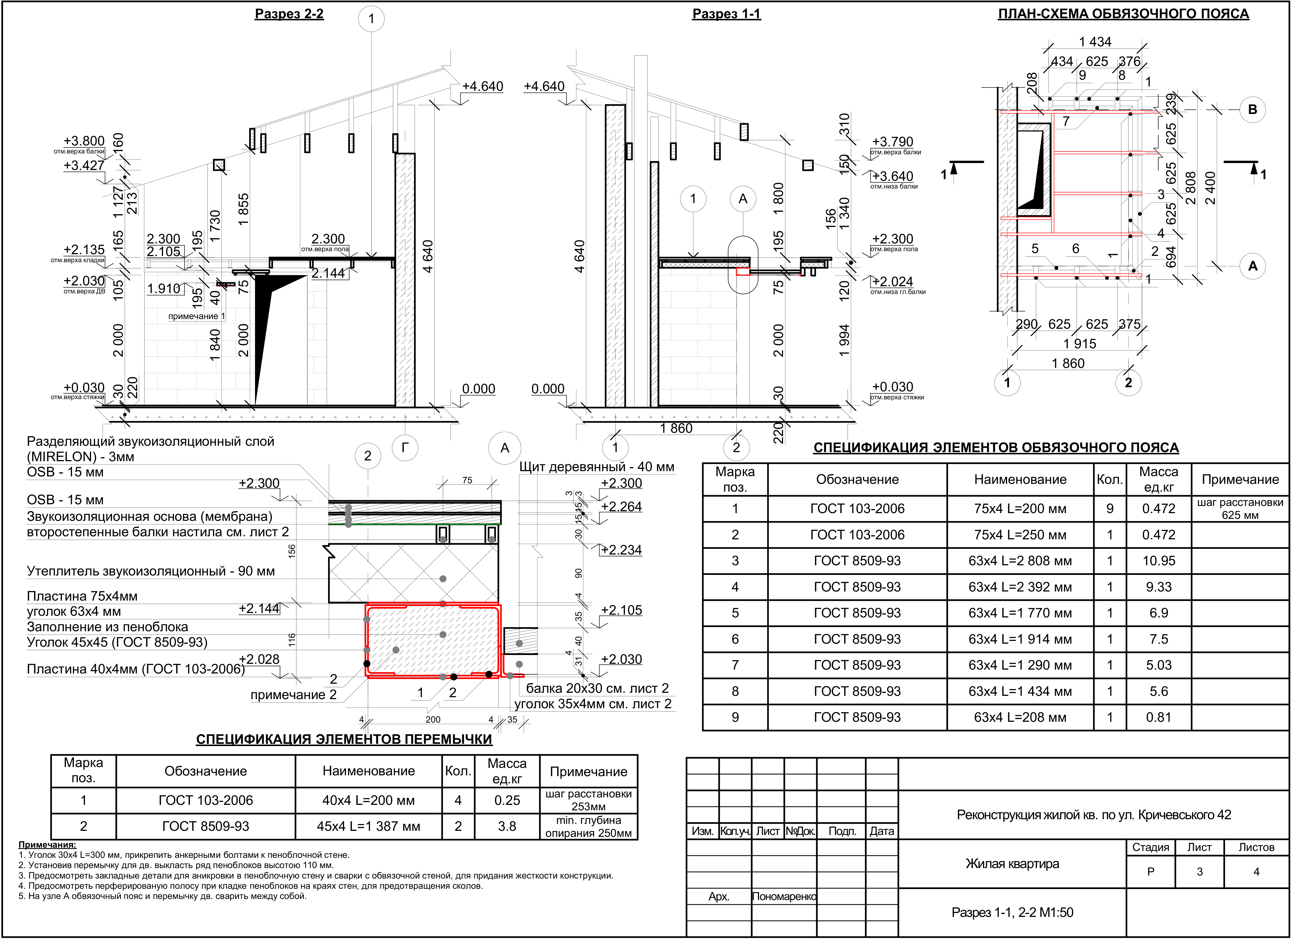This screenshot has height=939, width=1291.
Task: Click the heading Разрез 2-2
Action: pyautogui.click(x=289, y=14)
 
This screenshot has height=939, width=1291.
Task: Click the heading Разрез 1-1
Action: pyautogui.click(x=726, y=14)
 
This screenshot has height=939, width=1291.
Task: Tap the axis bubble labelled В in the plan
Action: pyautogui.click(x=1252, y=109)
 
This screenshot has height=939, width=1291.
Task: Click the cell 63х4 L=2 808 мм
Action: pyautogui.click(x=1020, y=561)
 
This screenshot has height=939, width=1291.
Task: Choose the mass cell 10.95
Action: pyautogui.click(x=1158, y=561)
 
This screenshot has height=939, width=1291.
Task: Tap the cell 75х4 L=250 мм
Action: pyautogui.click(x=1020, y=535)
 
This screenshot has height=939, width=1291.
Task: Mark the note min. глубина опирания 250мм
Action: pyautogui.click(x=589, y=826)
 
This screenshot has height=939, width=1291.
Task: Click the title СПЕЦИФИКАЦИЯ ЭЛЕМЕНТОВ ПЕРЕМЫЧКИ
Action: pyautogui.click(x=344, y=739)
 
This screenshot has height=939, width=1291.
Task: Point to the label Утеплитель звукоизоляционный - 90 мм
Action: pyautogui.click(x=151, y=571)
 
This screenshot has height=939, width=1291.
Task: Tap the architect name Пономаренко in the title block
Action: pyautogui.click(x=784, y=896)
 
